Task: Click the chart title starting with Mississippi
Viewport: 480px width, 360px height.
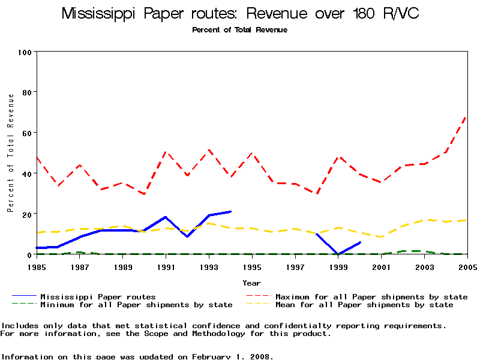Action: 240,14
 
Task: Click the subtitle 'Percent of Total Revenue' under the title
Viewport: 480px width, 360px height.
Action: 239,30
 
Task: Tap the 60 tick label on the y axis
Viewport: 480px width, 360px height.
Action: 26,133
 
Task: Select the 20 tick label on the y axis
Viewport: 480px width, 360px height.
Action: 26,214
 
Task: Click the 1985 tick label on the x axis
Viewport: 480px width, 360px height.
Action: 37,266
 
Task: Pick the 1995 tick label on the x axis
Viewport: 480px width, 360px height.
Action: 252,266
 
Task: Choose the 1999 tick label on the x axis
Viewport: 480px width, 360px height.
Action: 338,266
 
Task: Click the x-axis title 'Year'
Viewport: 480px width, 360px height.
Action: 251,283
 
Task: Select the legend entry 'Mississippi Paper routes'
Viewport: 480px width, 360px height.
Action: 98,296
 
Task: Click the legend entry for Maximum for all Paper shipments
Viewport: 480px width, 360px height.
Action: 371,296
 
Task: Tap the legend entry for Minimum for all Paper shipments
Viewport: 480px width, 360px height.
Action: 136,305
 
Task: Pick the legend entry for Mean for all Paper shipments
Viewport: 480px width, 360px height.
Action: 364,305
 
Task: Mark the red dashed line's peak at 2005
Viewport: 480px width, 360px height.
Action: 467,116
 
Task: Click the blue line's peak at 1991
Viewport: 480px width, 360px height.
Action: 166,217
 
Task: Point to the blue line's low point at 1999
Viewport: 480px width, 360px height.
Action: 338,254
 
